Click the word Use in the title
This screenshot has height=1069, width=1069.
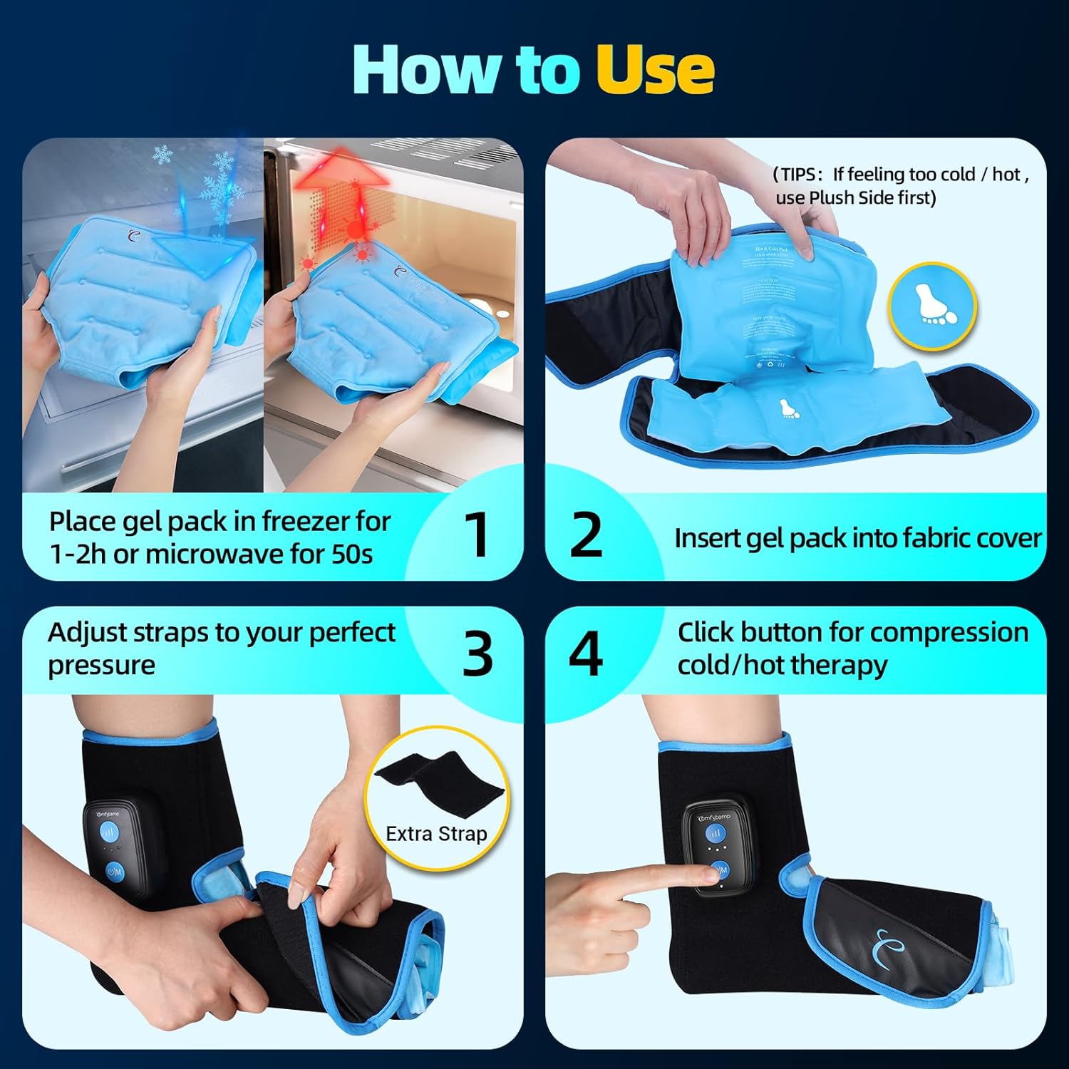[654, 69]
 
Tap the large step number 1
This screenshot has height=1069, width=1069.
[476, 534]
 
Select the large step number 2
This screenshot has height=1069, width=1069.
[586, 534]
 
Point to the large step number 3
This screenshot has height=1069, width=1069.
[477, 654]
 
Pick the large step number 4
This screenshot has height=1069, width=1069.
[585, 654]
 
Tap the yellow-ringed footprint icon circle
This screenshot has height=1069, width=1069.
[932, 306]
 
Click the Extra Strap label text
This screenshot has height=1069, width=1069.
[436, 834]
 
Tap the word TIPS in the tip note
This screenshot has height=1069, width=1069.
[802, 175]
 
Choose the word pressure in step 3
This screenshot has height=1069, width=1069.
[101, 665]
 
